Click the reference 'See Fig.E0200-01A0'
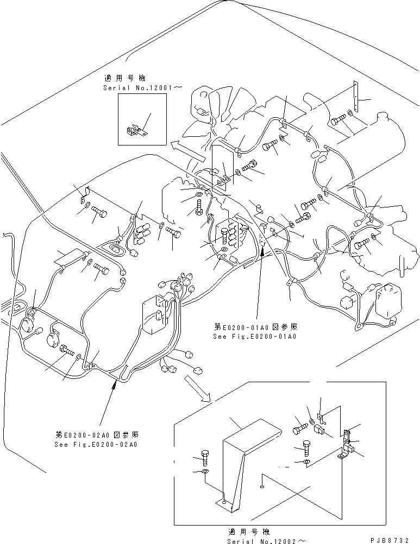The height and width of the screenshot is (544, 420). (255, 336)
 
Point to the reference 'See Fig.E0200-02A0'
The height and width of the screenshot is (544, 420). (96, 444)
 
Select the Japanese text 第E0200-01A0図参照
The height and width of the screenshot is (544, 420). (255, 327)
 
